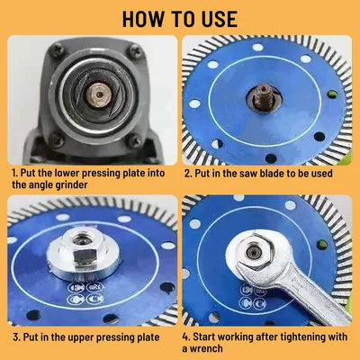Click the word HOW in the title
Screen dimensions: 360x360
click(143, 19)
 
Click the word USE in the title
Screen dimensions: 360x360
click(218, 19)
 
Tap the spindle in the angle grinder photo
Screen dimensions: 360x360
click(99, 94)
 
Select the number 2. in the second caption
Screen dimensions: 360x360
click(188, 173)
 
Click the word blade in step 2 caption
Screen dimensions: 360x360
click(272, 173)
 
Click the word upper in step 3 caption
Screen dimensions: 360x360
click(82, 337)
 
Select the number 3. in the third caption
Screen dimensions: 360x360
click(17, 337)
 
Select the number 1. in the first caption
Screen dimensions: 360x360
click(15, 173)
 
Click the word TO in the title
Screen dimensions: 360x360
click(181, 19)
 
